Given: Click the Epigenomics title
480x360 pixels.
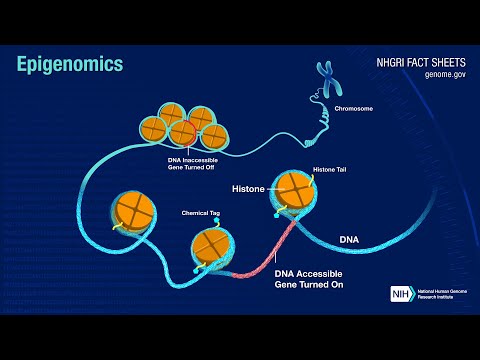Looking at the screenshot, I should (70, 64).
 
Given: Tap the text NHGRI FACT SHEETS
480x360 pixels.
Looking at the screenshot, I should (412, 59).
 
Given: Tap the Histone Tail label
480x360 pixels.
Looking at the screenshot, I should (330, 169).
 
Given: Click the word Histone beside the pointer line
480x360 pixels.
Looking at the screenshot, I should (248, 187).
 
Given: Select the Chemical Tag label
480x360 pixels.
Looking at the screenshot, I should (199, 213).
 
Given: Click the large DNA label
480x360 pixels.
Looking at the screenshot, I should (349, 240).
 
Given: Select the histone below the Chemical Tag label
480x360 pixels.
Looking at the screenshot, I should (212, 245).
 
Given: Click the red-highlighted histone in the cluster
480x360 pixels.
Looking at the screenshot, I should (183, 132).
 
